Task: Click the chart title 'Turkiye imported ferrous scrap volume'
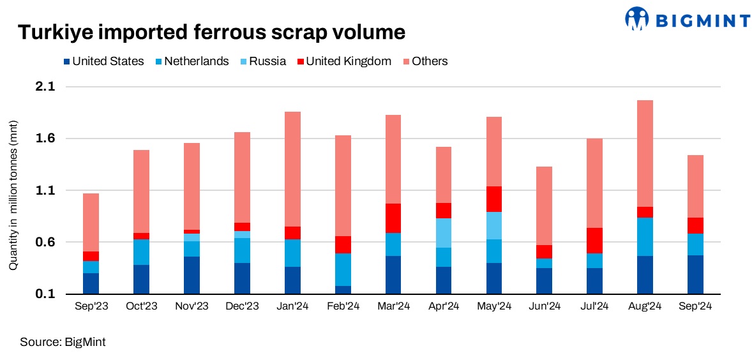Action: tap(211, 33)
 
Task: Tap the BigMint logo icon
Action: tap(637, 19)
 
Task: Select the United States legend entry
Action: tap(103, 62)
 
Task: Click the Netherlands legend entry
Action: tap(192, 62)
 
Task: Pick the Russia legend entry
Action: tap(262, 62)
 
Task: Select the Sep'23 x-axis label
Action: tap(91, 306)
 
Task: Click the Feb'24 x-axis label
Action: tap(343, 306)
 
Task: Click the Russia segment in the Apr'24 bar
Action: tap(444, 233)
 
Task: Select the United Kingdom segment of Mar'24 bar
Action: tap(393, 218)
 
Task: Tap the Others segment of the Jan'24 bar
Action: tap(292, 169)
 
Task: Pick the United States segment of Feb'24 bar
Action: tap(343, 290)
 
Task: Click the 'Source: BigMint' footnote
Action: tap(63, 342)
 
